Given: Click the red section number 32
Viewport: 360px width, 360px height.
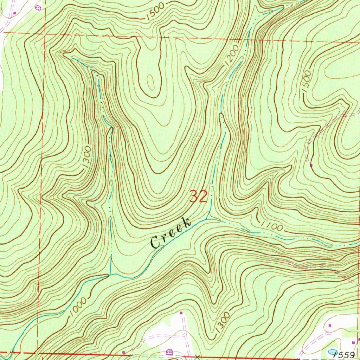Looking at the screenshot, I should pyautogui.click(x=199, y=196).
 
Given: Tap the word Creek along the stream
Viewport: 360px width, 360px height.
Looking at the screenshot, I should pyautogui.click(x=171, y=233).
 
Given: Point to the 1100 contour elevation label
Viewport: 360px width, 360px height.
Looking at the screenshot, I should pyautogui.click(x=272, y=227).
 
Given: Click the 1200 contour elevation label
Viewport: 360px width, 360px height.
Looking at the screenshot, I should pyautogui.click(x=231, y=55).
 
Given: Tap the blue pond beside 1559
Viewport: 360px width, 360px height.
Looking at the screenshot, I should pyautogui.click(x=332, y=352).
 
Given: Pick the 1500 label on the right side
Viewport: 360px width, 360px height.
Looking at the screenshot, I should pyautogui.click(x=306, y=81).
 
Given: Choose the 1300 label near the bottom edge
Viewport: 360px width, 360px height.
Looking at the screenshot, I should pyautogui.click(x=222, y=322).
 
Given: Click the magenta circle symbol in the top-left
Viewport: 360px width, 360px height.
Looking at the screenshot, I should pyautogui.click(x=38, y=7).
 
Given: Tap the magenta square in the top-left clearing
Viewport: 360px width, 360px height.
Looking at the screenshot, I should pyautogui.click(x=14, y=13).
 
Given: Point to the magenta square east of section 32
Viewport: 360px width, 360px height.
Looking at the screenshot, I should pyautogui.click(x=311, y=165).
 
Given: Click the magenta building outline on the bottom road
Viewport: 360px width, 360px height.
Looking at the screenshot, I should pyautogui.click(x=169, y=352).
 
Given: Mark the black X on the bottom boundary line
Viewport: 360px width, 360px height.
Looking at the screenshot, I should pyautogui.click(x=197, y=356).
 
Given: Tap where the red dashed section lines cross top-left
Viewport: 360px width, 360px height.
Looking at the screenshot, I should pyautogui.click(x=44, y=33).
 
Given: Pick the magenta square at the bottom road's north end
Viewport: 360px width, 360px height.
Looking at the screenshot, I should pyautogui.click(x=181, y=313).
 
